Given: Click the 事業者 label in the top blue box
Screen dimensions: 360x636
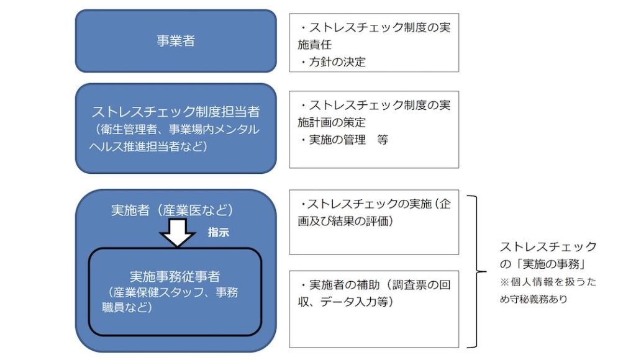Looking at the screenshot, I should coord(175,41).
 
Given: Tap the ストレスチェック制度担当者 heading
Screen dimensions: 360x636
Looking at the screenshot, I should coord(175,112).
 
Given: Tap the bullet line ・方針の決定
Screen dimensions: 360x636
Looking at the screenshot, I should coord(332,61).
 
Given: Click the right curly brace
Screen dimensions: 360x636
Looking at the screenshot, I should coord(476,272).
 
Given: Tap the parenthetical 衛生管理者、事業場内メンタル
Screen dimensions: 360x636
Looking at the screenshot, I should coord(175,130).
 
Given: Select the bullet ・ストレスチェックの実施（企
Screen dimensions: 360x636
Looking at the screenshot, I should coord(375,204).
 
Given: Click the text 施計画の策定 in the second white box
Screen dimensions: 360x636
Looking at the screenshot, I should coord(332,122).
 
